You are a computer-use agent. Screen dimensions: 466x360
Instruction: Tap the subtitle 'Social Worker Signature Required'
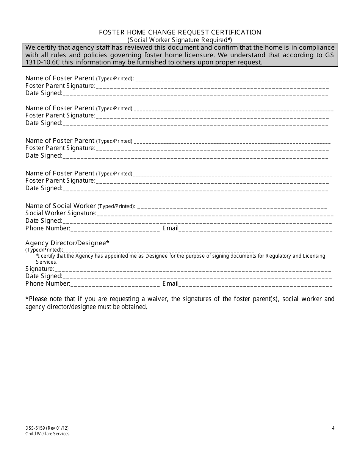coord(180,40)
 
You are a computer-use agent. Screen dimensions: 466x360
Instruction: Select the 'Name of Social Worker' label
coord(61,206)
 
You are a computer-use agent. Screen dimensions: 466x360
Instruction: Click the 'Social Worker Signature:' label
coord(61,213)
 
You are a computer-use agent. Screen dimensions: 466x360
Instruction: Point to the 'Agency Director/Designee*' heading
coord(67,243)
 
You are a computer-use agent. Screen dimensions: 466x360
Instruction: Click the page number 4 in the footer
coord(333,428)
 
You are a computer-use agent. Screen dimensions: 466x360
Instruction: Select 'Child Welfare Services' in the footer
coord(47,434)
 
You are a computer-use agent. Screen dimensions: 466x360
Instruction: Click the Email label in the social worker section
coord(171,228)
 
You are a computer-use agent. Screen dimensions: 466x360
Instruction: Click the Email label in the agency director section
coord(171,284)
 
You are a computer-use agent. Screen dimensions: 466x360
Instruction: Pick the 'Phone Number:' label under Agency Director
coord(48,284)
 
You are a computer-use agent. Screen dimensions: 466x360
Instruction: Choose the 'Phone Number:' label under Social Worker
coord(48,228)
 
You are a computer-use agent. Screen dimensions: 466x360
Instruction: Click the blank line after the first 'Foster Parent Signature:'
coord(212,87)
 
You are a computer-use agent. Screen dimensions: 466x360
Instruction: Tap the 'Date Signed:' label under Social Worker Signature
coord(44,221)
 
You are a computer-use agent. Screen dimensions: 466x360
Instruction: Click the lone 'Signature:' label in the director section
coord(40,269)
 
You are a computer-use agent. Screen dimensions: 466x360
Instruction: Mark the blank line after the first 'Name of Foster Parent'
coord(232,79)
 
